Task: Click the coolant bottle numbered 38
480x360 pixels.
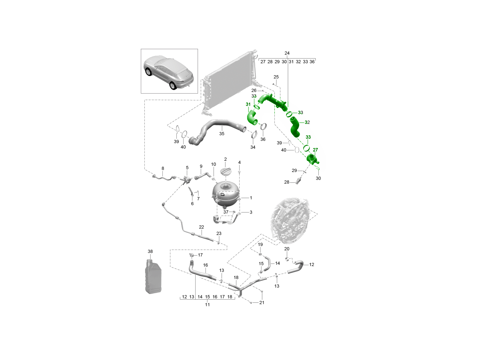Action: [x=153, y=276]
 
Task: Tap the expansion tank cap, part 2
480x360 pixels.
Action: [x=226, y=171]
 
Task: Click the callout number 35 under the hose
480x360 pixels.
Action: [x=222, y=134]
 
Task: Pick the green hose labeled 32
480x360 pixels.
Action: [x=296, y=127]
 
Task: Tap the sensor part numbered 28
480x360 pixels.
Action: [x=297, y=182]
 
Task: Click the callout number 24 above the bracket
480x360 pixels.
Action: [x=287, y=53]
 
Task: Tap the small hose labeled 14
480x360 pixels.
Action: [x=268, y=263]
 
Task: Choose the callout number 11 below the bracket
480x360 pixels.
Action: [x=207, y=304]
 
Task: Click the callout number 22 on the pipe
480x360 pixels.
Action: [x=202, y=227]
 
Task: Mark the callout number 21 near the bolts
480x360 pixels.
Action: [x=262, y=302]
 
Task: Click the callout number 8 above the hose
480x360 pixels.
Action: [x=163, y=168]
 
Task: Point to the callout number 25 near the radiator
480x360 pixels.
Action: [x=276, y=77]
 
